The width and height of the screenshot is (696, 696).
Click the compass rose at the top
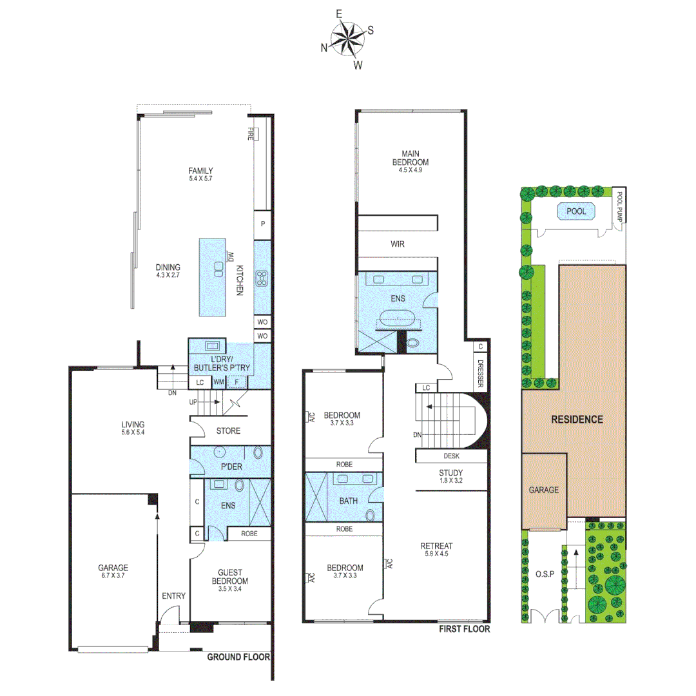pyautogui.click(x=348, y=39)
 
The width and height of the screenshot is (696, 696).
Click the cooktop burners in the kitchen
pyautogui.click(x=263, y=278)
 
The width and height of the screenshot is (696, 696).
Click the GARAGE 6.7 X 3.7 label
pyautogui.click(x=113, y=572)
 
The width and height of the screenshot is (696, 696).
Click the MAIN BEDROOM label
pyautogui.click(x=411, y=157)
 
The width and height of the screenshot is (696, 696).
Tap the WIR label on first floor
pyautogui.click(x=398, y=245)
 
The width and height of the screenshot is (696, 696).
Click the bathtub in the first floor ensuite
pyautogui.click(x=397, y=318)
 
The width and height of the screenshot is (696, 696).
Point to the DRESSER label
pyautogui.click(x=481, y=373)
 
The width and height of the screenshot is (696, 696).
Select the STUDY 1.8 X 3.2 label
pyautogui.click(x=450, y=476)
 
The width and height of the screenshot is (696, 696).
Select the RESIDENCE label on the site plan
pyautogui.click(x=577, y=419)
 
